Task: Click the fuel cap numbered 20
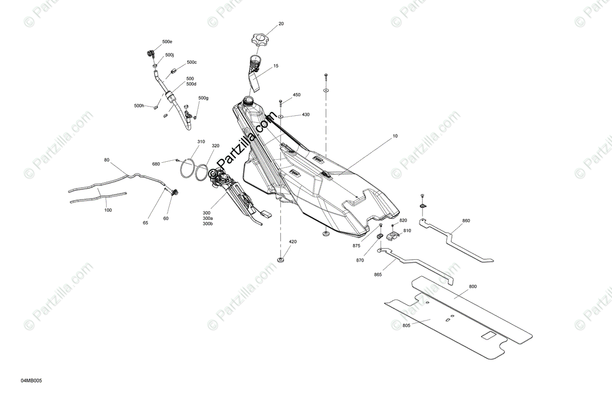coord(261,39)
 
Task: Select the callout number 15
coord(276,66)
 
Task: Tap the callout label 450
coord(296,95)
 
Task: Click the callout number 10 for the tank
coord(395,136)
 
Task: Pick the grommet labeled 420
coord(280,260)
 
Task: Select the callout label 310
coord(201,142)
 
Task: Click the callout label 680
coord(156,164)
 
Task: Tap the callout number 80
coord(107,160)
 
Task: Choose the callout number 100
coord(108,210)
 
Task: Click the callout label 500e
coord(167,41)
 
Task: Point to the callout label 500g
coord(203,98)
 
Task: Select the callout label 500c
coord(192,62)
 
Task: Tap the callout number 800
coord(473,287)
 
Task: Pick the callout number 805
coord(406,325)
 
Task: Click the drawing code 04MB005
coord(32,381)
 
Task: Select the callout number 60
coord(166,218)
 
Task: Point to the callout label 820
coord(403,220)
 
